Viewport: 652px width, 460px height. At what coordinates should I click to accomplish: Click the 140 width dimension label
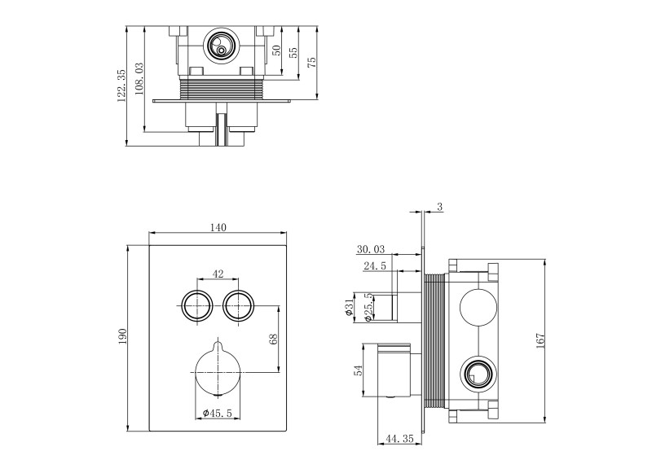click(x=218, y=228)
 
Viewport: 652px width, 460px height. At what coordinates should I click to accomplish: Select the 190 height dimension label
click(x=123, y=336)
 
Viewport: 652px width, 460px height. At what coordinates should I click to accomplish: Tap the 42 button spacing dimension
click(x=218, y=274)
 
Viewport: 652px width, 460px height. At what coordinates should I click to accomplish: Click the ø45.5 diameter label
click(x=218, y=414)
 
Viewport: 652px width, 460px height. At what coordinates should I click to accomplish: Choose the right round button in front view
click(x=238, y=304)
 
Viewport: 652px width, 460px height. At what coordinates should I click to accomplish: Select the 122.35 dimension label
click(x=121, y=85)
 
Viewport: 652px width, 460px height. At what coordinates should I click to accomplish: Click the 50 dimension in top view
click(x=276, y=50)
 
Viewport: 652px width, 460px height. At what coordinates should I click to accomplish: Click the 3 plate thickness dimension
click(x=439, y=208)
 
